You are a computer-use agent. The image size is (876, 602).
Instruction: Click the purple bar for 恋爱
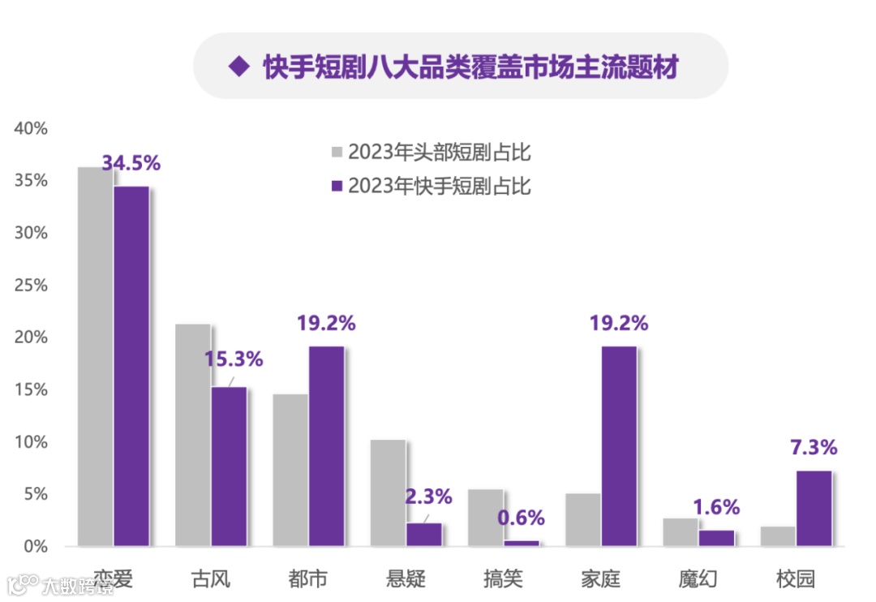click(x=131, y=366)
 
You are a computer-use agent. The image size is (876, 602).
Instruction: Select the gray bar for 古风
click(x=193, y=435)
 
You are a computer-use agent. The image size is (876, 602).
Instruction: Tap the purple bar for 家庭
click(x=618, y=445)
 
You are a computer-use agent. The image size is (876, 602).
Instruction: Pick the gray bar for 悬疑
click(x=388, y=492)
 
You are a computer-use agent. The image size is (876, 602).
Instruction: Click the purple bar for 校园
click(x=814, y=508)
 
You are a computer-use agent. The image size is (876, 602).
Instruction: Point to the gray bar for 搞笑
click(x=485, y=518)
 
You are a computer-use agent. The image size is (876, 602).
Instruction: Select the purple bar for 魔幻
click(x=716, y=538)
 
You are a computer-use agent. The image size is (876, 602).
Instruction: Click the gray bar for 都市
click(x=290, y=470)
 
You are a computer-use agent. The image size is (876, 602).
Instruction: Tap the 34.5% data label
click(x=131, y=163)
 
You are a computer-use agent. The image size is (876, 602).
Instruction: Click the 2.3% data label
click(x=428, y=497)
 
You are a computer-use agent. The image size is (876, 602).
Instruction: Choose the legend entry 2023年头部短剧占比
click(x=439, y=152)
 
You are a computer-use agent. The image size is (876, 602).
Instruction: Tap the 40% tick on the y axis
click(x=32, y=128)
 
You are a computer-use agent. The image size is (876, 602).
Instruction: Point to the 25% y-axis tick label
click(x=32, y=286)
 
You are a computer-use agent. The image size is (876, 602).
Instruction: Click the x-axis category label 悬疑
click(x=406, y=578)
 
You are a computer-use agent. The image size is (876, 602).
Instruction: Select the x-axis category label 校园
click(x=795, y=578)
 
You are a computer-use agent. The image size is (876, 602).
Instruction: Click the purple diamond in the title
click(x=238, y=67)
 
